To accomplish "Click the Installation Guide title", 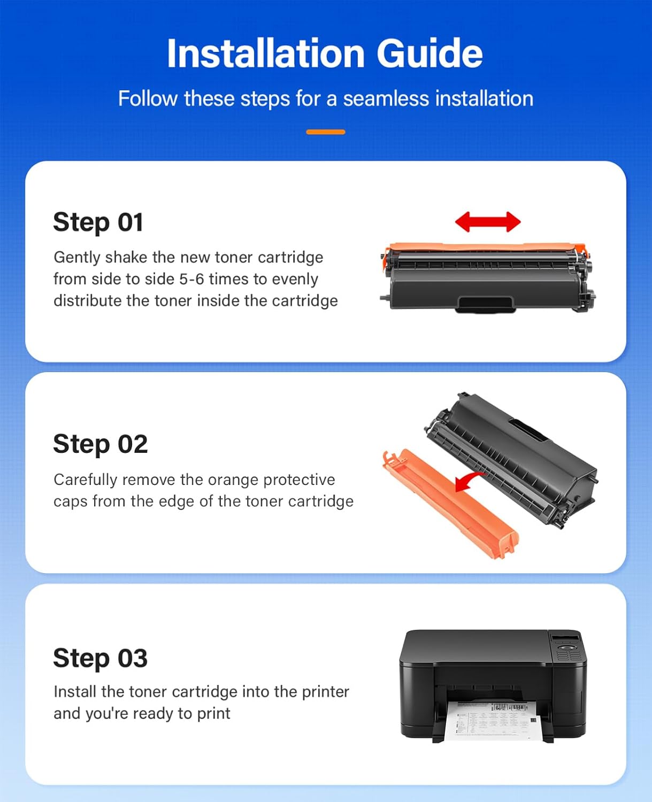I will (x=325, y=53).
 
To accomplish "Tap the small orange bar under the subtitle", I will (x=325, y=132).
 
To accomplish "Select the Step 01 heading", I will (x=98, y=222).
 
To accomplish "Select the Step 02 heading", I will (x=100, y=444).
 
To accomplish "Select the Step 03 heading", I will (x=100, y=658).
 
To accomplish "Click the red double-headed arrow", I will (x=487, y=221).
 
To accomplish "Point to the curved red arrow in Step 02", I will (x=469, y=482).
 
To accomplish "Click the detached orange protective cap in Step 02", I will (x=449, y=503).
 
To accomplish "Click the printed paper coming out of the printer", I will (x=492, y=719).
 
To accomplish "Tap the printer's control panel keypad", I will (x=568, y=651).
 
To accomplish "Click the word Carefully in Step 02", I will (x=85, y=480).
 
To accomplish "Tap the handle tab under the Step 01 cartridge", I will (x=485, y=304).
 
